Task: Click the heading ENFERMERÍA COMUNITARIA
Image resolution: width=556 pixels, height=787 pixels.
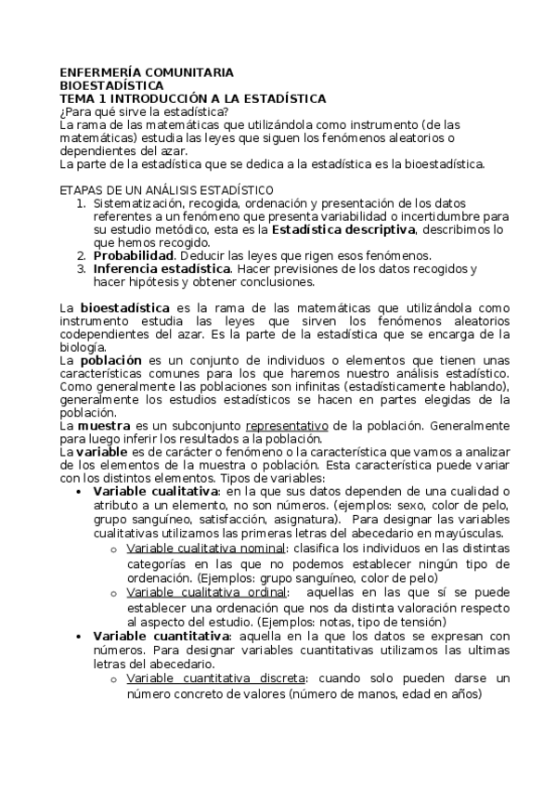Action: pos(146,71)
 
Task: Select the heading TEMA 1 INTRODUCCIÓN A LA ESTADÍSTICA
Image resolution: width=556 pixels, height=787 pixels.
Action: pos(192,97)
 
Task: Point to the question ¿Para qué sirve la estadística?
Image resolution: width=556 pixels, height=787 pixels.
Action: pos(143,111)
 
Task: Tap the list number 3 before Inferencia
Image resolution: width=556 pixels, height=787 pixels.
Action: pos(81,268)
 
